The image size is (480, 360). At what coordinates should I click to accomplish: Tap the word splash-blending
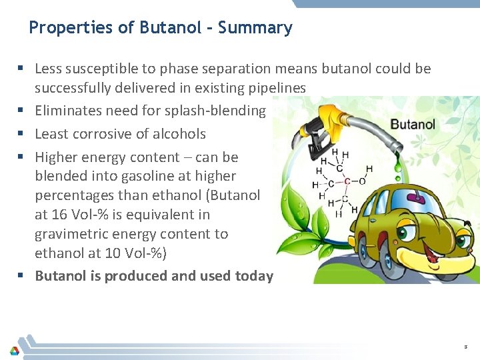click(x=218, y=111)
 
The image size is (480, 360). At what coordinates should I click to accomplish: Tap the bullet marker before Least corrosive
click(x=23, y=134)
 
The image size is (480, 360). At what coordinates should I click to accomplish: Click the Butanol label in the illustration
click(x=413, y=124)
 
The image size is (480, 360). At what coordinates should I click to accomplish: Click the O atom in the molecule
click(x=362, y=181)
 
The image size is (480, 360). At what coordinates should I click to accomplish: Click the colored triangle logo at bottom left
click(x=13, y=350)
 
